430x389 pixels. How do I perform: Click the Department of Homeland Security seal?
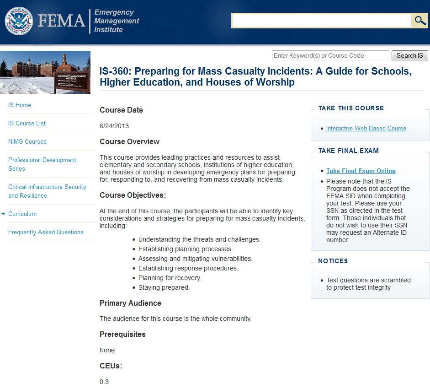pyautogui.click(x=19, y=21)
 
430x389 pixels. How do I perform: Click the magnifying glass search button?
pyautogui.click(x=419, y=21)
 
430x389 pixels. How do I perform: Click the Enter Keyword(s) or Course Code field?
pyautogui.click(x=330, y=55)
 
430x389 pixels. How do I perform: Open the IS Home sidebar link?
pyautogui.click(x=20, y=105)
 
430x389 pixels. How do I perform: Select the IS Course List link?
pyautogui.click(x=27, y=123)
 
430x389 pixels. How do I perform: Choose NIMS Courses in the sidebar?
pyautogui.click(x=27, y=141)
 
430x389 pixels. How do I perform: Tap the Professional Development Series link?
pyautogui.click(x=42, y=164)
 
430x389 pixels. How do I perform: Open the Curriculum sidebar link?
pyautogui.click(x=22, y=214)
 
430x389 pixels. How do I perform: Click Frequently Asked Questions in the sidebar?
pyautogui.click(x=46, y=232)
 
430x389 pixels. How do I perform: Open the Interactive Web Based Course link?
pyautogui.click(x=366, y=128)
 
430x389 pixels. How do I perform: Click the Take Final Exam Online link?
pyautogui.click(x=361, y=171)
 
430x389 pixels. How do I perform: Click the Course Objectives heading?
pyautogui.click(x=133, y=195)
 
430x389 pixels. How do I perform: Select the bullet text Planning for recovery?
pyautogui.click(x=170, y=278)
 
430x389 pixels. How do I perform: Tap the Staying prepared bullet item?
pyautogui.click(x=164, y=287)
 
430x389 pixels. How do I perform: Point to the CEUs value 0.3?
pyautogui.click(x=104, y=381)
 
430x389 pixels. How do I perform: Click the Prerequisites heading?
pyautogui.click(x=122, y=334)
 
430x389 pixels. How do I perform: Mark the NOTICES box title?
pyautogui.click(x=333, y=261)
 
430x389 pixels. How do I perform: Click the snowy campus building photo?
pyautogui.click(x=45, y=72)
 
